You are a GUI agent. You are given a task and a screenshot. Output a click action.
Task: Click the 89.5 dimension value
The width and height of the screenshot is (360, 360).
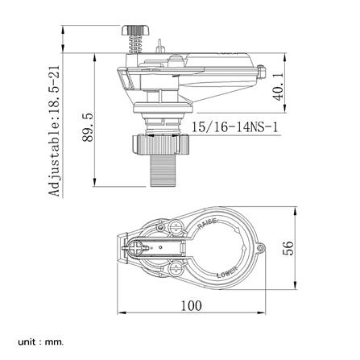pos(88,127)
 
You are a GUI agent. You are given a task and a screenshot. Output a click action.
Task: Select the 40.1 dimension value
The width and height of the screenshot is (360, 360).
pos(279,86)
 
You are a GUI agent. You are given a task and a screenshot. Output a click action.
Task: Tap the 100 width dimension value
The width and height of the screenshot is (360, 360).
pos(191,305)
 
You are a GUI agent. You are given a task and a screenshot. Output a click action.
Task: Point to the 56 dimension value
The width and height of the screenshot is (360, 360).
pos(288,248)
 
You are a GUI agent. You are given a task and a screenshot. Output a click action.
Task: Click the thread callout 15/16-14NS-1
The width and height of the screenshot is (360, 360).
pos(234,126)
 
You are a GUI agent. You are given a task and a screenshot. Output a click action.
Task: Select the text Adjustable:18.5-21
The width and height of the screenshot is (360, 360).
pos(54,130)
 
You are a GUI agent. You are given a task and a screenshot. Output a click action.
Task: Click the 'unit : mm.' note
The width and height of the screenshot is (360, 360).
pos(41,342)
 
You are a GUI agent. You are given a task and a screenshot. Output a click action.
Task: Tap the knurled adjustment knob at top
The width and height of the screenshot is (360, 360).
pos(135,30)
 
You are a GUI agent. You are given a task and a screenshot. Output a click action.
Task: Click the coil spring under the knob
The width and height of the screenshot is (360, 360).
pos(134,44)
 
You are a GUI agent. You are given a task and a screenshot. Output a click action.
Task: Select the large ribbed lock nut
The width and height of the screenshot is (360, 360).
pos(160,145)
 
